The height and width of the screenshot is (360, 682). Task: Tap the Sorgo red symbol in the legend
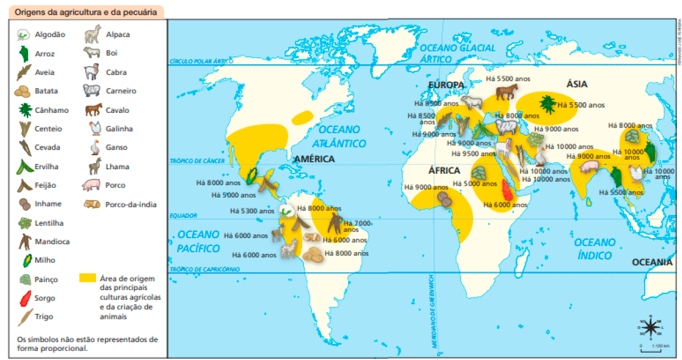[x=25, y=298]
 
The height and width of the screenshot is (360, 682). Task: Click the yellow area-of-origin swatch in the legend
[x=87, y=278]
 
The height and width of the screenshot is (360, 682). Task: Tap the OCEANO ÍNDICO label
[x=595, y=249]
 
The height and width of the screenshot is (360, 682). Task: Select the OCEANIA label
[x=652, y=262]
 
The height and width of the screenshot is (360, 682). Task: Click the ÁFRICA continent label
[x=444, y=170]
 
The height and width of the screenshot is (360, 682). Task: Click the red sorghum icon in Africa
[x=507, y=191]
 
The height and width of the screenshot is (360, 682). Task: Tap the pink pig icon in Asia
[x=588, y=167]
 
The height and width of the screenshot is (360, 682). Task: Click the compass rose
[x=651, y=327]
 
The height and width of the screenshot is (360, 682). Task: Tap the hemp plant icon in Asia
[x=547, y=104]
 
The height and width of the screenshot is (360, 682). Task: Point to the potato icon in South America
[x=312, y=256]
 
